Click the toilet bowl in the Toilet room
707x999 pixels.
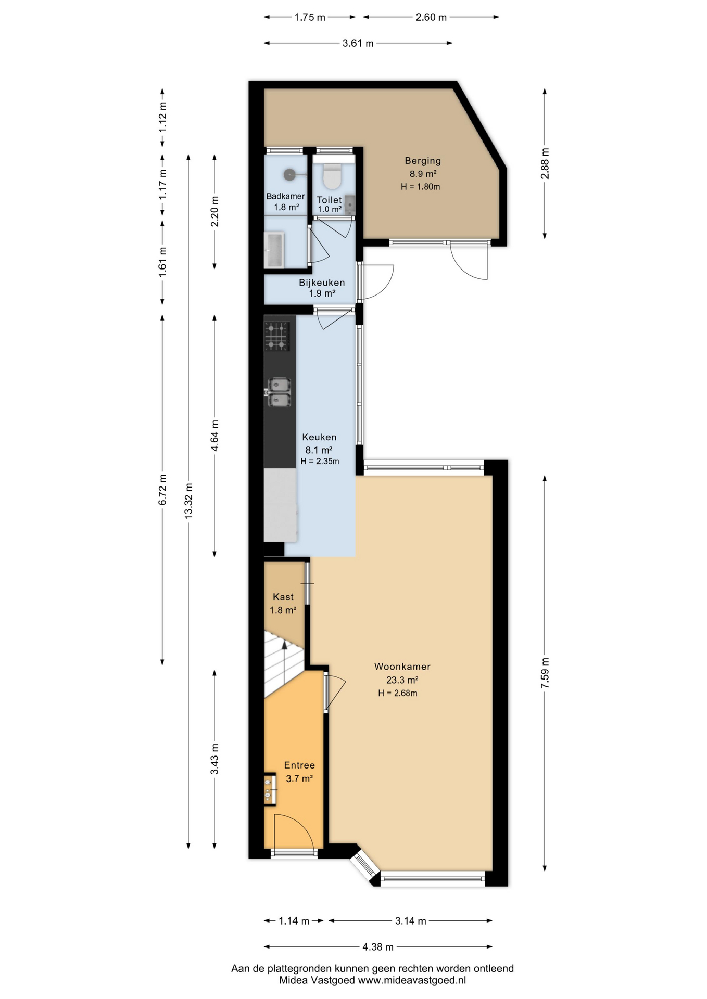click(x=332, y=175)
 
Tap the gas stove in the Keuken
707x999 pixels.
click(x=277, y=337)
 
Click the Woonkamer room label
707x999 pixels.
click(x=402, y=667)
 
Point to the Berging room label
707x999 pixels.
click(x=423, y=161)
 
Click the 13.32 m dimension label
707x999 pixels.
click(x=188, y=500)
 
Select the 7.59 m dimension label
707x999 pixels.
click(x=545, y=673)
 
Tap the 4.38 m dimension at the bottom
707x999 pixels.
click(x=378, y=946)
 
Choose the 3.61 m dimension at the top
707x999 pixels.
click(x=358, y=43)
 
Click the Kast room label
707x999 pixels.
click(x=283, y=597)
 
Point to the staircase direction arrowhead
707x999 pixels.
click(x=284, y=645)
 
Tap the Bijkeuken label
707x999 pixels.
click(x=322, y=283)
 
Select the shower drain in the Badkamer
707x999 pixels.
click(x=289, y=174)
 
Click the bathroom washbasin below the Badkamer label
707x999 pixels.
click(x=274, y=250)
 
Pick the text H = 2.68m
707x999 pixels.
click(x=398, y=693)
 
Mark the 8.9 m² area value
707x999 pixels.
click(x=423, y=174)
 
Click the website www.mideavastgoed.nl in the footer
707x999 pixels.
click(x=412, y=980)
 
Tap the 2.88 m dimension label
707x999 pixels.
click(x=545, y=163)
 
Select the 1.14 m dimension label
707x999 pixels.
click(x=294, y=921)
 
